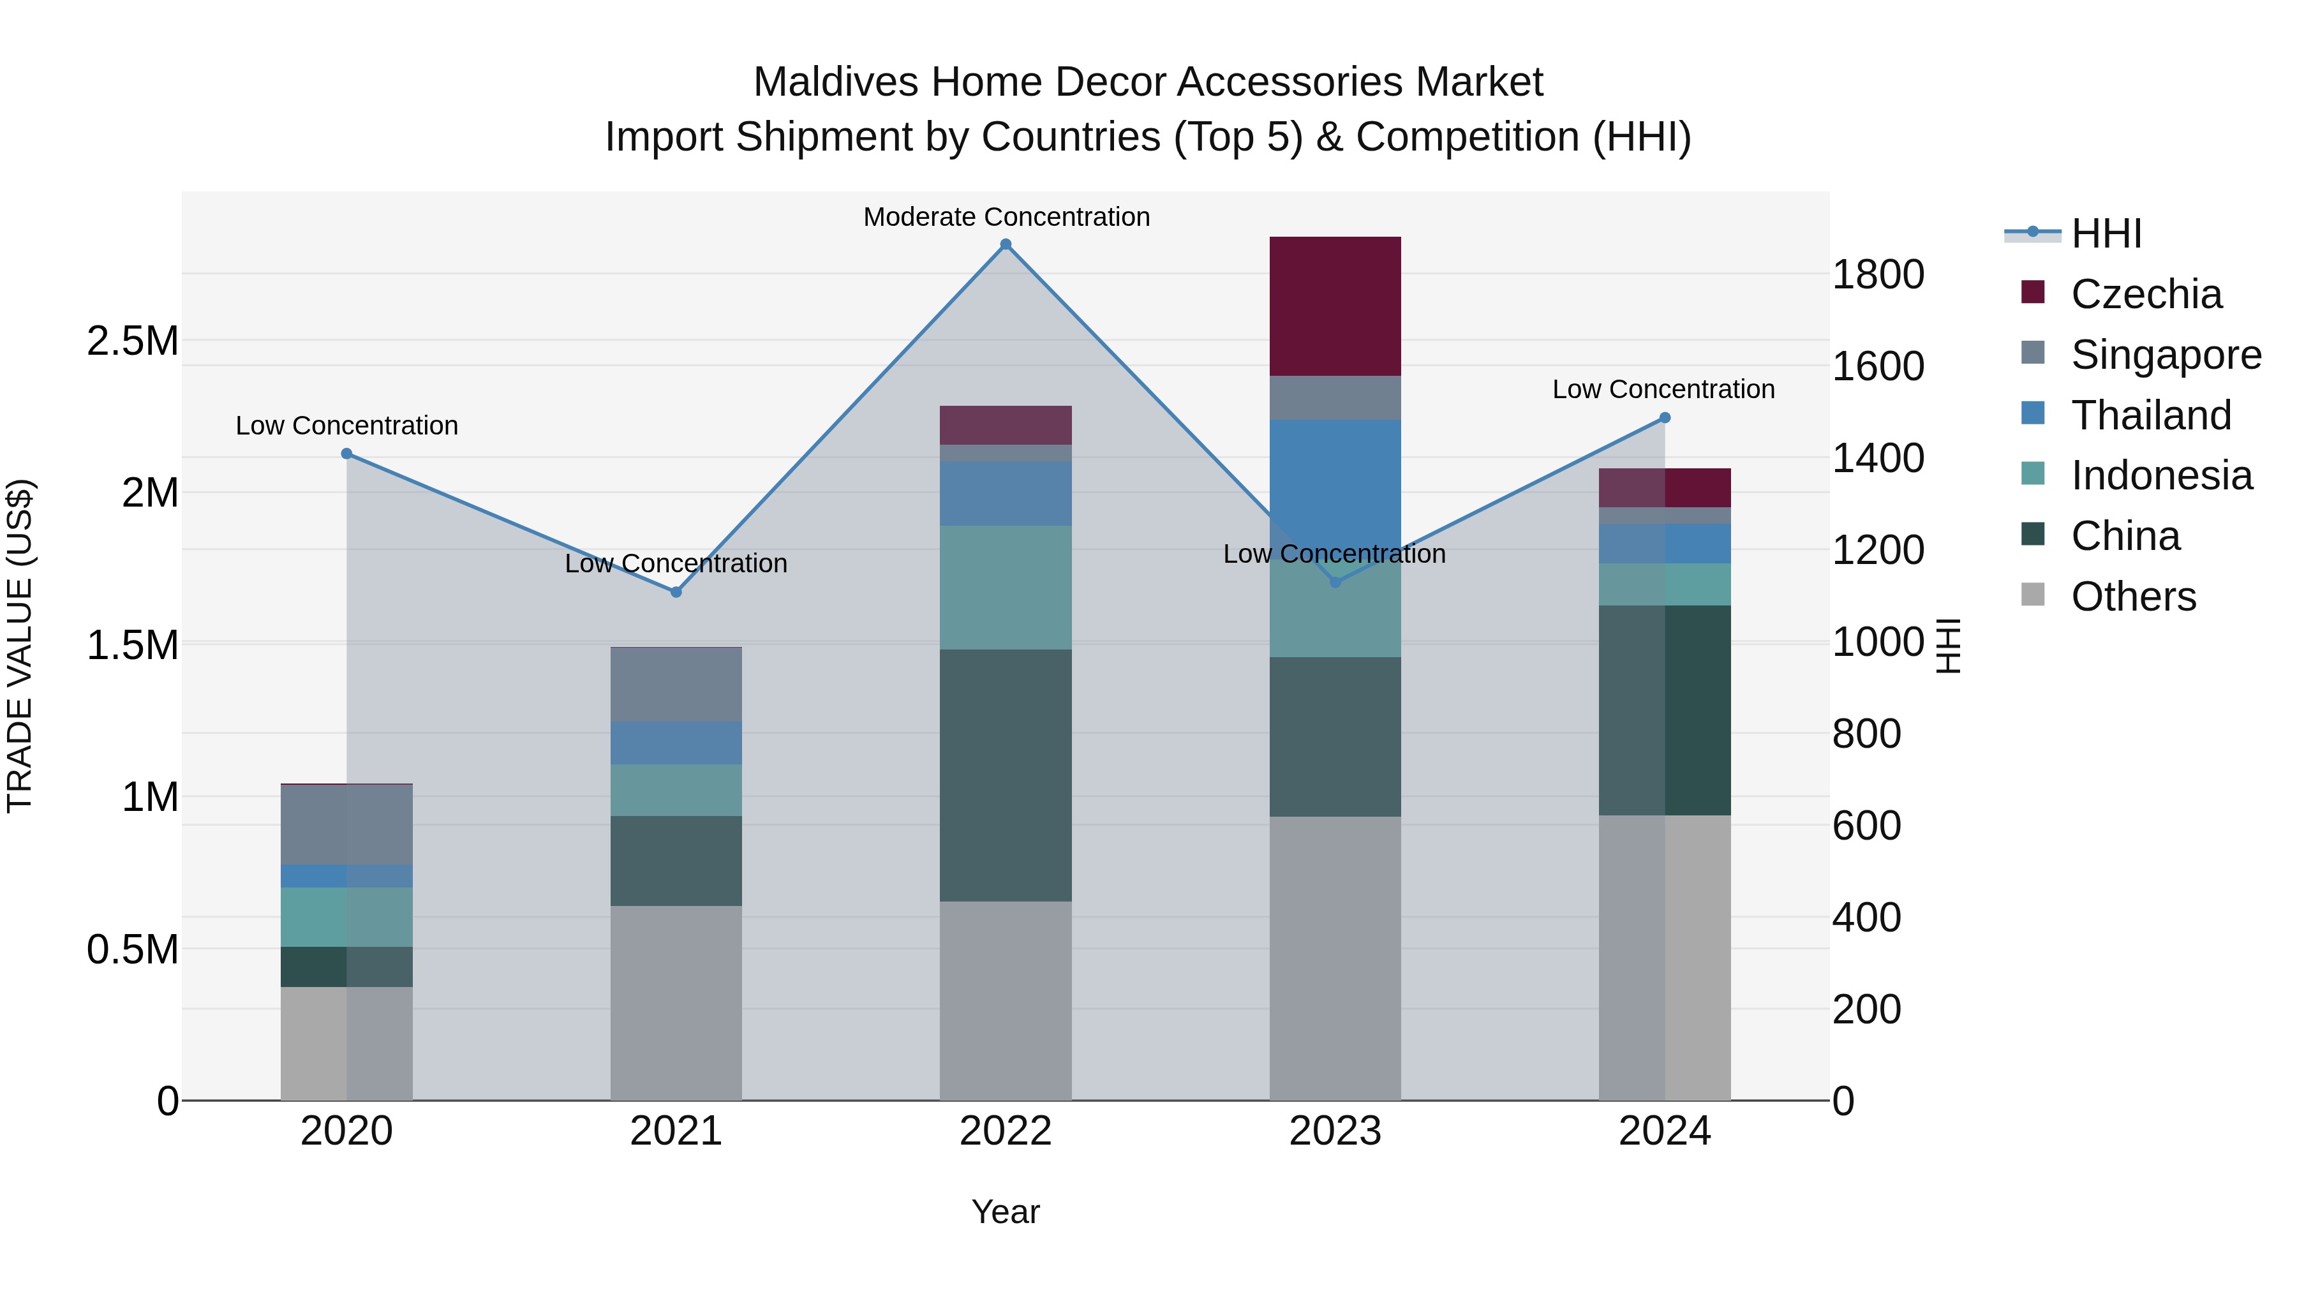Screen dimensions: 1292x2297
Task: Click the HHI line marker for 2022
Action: click(1006, 244)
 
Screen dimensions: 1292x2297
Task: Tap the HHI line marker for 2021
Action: click(676, 592)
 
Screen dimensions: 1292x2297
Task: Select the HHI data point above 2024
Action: click(1665, 417)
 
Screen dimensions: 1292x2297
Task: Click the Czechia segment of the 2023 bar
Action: click(1335, 306)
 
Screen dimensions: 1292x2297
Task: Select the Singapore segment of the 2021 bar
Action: click(676, 684)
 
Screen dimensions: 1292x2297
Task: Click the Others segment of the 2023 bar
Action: click(1335, 958)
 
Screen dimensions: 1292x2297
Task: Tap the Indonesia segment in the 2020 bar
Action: click(347, 917)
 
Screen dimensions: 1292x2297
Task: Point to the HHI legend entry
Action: click(2106, 234)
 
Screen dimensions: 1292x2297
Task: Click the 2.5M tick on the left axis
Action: click(132, 341)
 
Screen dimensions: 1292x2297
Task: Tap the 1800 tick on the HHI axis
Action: click(1877, 274)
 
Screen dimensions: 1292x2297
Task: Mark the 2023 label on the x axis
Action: click(1335, 1131)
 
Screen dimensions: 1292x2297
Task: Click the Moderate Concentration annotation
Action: click(1006, 217)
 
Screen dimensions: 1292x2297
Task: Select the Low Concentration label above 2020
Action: click(347, 426)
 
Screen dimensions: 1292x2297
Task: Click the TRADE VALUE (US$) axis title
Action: click(20, 646)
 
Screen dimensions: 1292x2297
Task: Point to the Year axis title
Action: click(1005, 1212)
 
